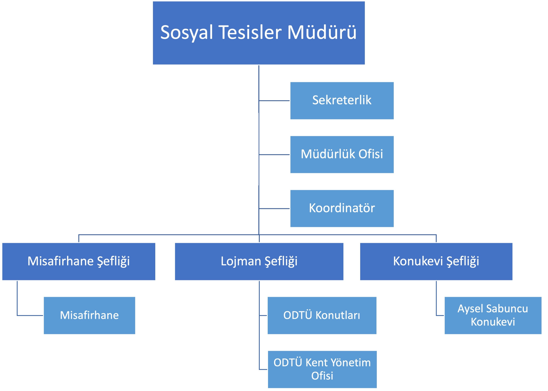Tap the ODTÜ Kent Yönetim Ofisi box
(x=322, y=369)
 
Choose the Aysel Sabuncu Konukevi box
(x=493, y=315)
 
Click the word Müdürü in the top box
(x=322, y=32)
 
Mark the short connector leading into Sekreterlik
(x=274, y=100)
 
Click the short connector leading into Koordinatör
(x=274, y=209)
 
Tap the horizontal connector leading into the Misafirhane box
(x=30, y=315)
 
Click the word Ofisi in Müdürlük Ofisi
(x=370, y=154)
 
